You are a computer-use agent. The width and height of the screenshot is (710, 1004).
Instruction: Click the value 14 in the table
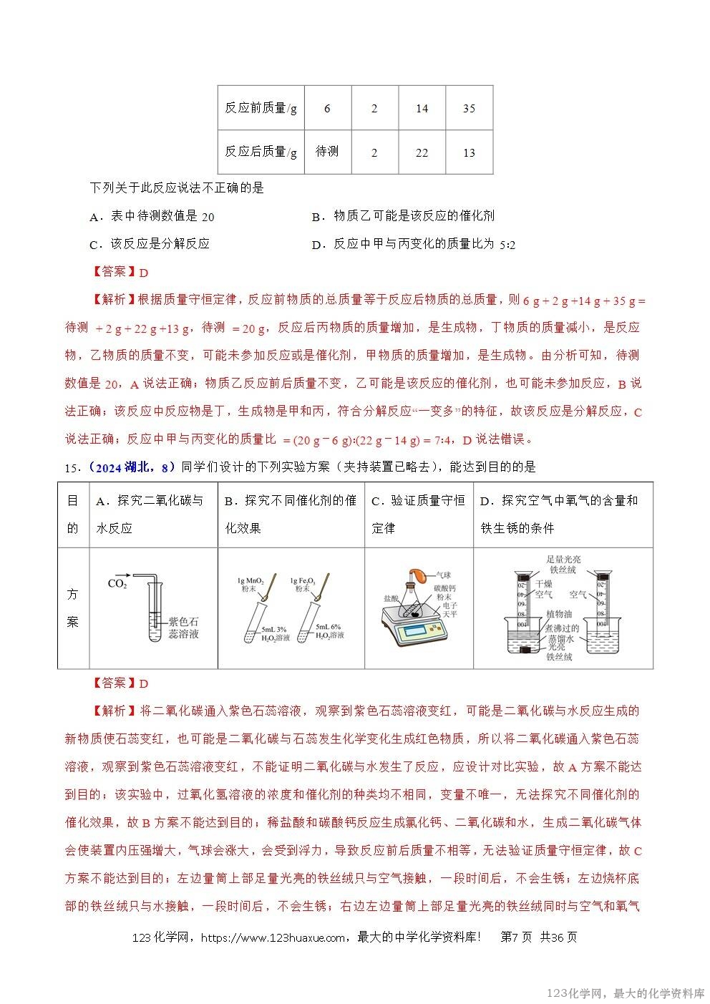click(x=422, y=109)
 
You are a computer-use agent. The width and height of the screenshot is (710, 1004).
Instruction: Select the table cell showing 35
click(x=469, y=109)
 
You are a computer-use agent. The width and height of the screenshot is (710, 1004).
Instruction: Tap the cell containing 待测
click(x=327, y=152)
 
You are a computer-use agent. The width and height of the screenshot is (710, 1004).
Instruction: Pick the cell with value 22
click(x=422, y=152)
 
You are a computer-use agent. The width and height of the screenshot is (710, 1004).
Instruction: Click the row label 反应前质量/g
click(x=261, y=109)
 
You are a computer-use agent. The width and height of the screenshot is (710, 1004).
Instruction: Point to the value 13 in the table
click(x=469, y=152)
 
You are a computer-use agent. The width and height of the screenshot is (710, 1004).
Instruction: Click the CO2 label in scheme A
click(x=117, y=583)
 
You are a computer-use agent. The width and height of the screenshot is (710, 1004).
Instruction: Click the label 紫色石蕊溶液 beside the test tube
click(x=183, y=628)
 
